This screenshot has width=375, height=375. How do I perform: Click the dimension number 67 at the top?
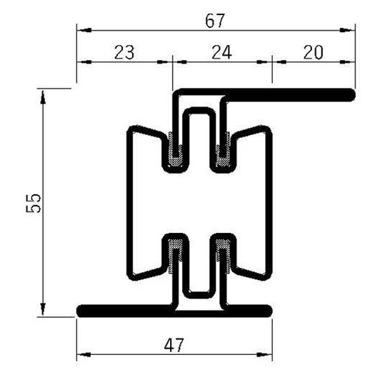pos(215,21)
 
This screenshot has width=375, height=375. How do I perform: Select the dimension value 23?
pos(124,51)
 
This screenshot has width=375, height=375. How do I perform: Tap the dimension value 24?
pos(222,51)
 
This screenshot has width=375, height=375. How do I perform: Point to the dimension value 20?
pos(313,51)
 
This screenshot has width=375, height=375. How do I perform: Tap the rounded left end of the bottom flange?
pos(81,310)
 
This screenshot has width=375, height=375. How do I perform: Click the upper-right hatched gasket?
pos(222,152)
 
